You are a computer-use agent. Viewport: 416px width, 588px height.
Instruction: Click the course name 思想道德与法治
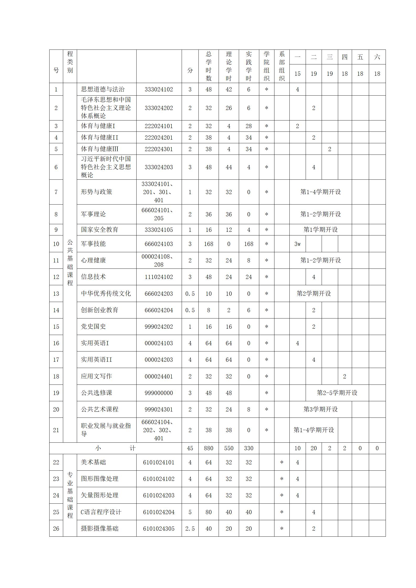(102, 89)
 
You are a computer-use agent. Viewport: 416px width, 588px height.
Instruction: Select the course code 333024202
(159, 108)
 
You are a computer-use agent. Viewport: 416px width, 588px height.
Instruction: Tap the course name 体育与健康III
(100, 149)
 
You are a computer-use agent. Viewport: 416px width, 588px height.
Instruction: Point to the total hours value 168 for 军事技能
(208, 244)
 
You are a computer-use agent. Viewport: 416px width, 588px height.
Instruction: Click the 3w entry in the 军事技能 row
(297, 244)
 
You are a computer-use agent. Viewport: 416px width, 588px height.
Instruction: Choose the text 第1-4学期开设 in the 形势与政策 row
(320, 192)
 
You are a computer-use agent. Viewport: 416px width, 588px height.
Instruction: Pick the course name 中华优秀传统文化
(106, 293)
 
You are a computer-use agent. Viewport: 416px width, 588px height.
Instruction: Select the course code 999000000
(159, 393)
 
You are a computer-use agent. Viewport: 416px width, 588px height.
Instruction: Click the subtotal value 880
(208, 448)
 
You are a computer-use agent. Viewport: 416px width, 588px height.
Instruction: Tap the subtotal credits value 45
(190, 448)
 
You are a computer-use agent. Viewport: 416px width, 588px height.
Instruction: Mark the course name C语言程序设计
(101, 512)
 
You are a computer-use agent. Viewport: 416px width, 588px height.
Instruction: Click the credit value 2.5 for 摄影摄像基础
(190, 529)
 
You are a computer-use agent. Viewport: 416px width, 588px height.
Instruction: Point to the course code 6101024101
(159, 462)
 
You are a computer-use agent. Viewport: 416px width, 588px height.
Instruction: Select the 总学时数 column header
(208, 66)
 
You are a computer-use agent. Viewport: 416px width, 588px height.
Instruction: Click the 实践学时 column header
(248, 66)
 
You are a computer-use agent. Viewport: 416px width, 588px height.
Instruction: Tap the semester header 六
(377, 57)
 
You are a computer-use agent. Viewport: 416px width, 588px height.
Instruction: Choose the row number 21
(56, 430)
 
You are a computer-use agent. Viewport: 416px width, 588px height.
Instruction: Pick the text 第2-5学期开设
(337, 393)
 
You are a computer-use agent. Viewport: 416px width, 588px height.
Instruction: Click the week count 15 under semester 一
(297, 74)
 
